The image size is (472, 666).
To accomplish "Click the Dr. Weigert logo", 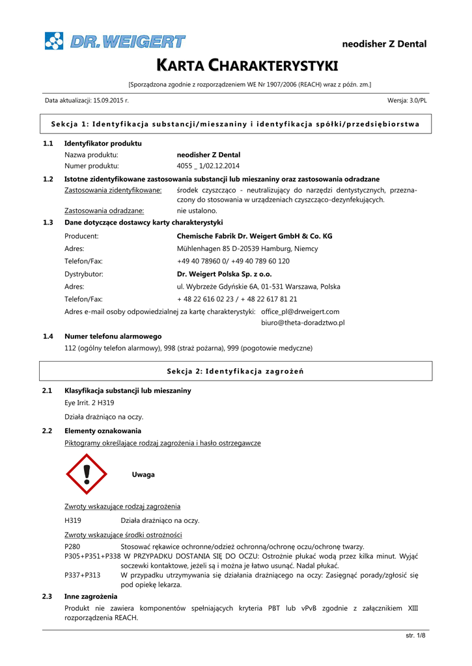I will (x=115, y=42).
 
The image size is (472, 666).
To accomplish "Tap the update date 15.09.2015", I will (x=111, y=101).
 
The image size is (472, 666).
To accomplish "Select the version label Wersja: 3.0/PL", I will (x=407, y=101).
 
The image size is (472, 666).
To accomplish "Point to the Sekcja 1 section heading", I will (x=235, y=124).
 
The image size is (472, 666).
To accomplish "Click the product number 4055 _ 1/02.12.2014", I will (x=208, y=166).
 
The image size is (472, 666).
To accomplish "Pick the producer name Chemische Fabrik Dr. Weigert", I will (x=255, y=236).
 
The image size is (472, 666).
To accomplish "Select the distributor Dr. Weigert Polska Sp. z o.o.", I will (x=224, y=274).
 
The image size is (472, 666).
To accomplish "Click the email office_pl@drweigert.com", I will (x=300, y=312).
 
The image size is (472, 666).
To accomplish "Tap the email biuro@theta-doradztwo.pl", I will (x=303, y=322).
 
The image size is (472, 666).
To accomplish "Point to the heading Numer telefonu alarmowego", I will (x=113, y=336).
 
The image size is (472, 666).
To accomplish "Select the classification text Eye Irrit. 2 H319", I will (x=89, y=403).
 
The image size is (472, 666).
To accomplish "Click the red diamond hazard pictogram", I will (x=87, y=475).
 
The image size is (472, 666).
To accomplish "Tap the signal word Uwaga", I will (x=143, y=475).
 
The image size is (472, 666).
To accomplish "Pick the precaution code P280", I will (x=72, y=547).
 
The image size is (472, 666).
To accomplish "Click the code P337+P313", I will (x=83, y=575).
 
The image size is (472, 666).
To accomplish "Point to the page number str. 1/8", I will (x=415, y=635).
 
